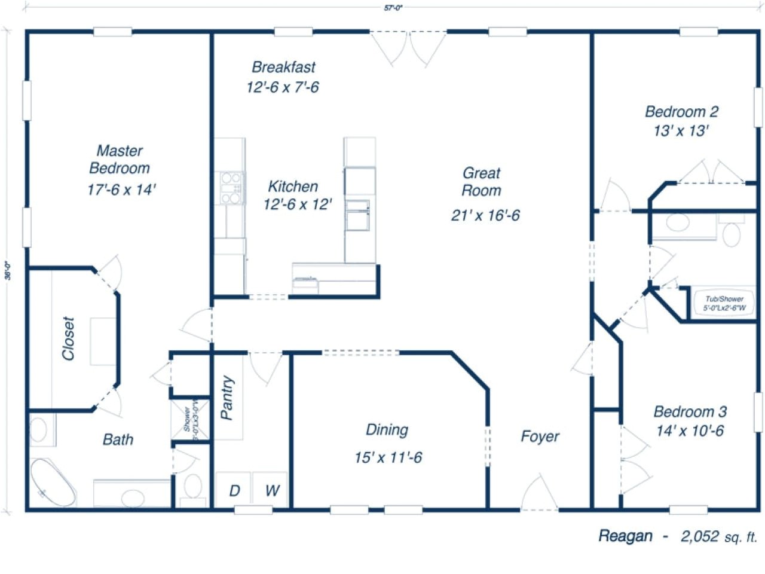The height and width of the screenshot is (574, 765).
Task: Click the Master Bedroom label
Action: coord(120,160)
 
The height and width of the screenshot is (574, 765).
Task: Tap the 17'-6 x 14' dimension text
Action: coord(121,190)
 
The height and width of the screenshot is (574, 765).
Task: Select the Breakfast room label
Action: coord(283,68)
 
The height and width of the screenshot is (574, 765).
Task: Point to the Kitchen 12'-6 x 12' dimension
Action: coord(297,204)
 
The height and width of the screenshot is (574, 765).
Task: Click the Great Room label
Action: coord(481,182)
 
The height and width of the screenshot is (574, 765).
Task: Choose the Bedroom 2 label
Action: coord(681,112)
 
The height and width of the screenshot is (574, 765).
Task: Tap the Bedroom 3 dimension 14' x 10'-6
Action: coord(690,431)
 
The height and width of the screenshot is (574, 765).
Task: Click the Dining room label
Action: coord(387,430)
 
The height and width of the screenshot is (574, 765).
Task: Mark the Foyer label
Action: coord(540,436)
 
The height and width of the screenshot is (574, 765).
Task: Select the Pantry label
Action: coord(228,398)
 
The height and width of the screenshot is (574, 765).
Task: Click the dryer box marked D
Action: coord(234,490)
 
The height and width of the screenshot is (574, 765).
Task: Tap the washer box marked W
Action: coord(272,490)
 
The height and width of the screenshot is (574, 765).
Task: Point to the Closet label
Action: coord(69,338)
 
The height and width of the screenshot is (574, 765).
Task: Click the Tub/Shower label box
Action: coord(724,304)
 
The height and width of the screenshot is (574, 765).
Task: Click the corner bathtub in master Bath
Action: coord(53,483)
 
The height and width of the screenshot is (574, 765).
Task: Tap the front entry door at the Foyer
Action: coord(539,494)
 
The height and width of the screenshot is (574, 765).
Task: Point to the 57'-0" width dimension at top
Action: coord(391,8)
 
